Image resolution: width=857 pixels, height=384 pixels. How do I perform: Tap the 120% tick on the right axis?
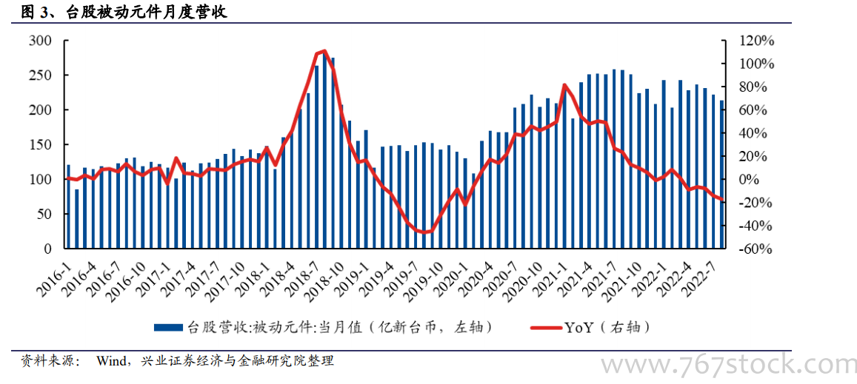point(755,41)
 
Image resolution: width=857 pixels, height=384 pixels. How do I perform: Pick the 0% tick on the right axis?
point(760,180)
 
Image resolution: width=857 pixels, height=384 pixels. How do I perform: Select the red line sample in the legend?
point(547,328)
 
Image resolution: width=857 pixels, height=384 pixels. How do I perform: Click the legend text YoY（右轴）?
point(607,327)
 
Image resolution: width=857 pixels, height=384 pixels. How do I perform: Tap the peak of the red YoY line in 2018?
point(324,51)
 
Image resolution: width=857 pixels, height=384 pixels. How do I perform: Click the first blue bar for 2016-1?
point(68,206)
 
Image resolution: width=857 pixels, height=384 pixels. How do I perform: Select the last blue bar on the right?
point(722,175)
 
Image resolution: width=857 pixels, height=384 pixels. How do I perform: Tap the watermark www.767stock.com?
point(727,364)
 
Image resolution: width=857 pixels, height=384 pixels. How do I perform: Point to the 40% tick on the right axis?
point(757,133)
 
